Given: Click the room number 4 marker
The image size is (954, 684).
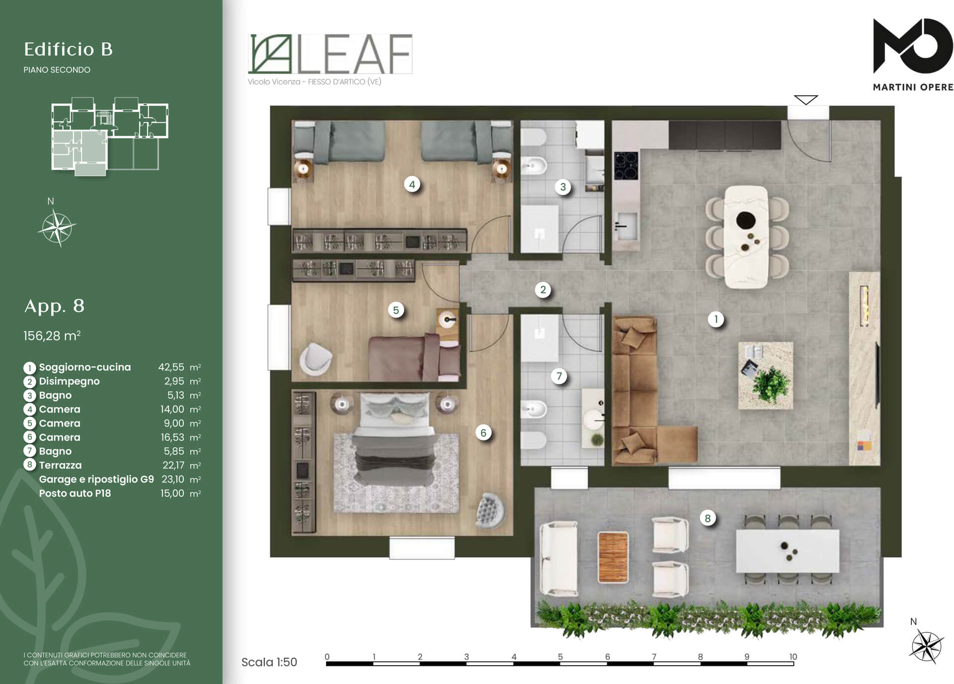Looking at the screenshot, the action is [x=412, y=185].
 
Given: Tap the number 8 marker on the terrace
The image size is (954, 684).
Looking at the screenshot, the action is [x=708, y=519].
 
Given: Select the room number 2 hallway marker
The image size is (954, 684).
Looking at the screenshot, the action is [x=543, y=290].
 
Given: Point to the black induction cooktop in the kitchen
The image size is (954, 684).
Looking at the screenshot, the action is [x=626, y=165].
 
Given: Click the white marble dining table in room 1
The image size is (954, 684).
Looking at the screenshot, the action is [x=746, y=237].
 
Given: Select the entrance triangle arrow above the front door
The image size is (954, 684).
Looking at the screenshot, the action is [x=806, y=100].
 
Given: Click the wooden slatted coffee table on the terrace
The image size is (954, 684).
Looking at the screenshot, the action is [x=613, y=557].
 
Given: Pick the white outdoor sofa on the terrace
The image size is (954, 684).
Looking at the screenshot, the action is [x=559, y=558].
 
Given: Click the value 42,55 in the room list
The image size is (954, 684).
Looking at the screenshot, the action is [x=171, y=367].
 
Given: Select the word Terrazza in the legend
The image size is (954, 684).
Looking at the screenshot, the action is [x=60, y=465].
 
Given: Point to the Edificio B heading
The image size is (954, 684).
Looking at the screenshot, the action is [x=69, y=49].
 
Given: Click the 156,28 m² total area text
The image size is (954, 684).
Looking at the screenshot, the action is [x=52, y=336].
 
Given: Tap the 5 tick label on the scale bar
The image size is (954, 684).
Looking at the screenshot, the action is [x=560, y=657].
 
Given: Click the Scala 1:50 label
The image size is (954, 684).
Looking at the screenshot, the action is [x=269, y=662].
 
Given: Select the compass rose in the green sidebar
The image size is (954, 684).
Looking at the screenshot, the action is [x=57, y=228].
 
